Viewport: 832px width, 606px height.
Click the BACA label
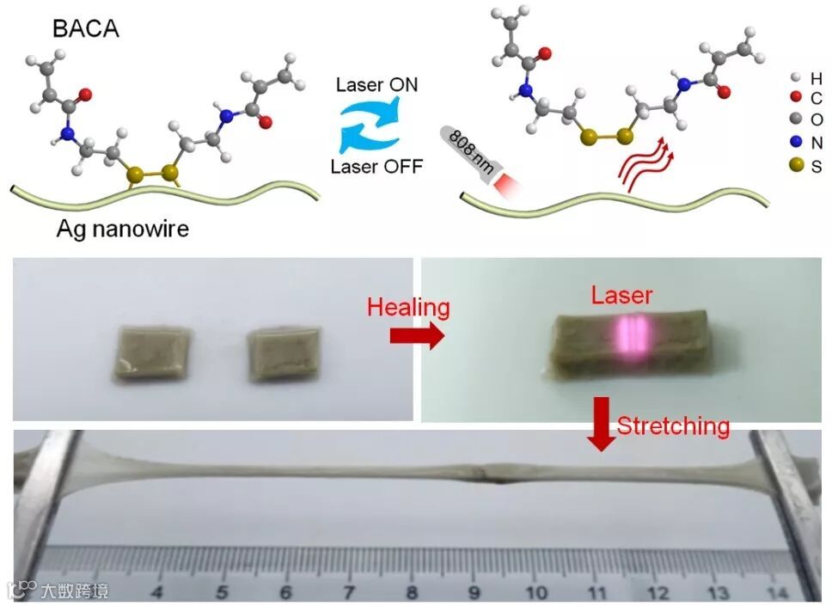tap(85, 28)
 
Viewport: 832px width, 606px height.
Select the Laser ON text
tap(377, 85)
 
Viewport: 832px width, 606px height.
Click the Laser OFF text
tap(377, 166)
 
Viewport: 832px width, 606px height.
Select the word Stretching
tap(674, 425)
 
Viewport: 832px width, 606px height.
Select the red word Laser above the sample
tap(621, 296)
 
